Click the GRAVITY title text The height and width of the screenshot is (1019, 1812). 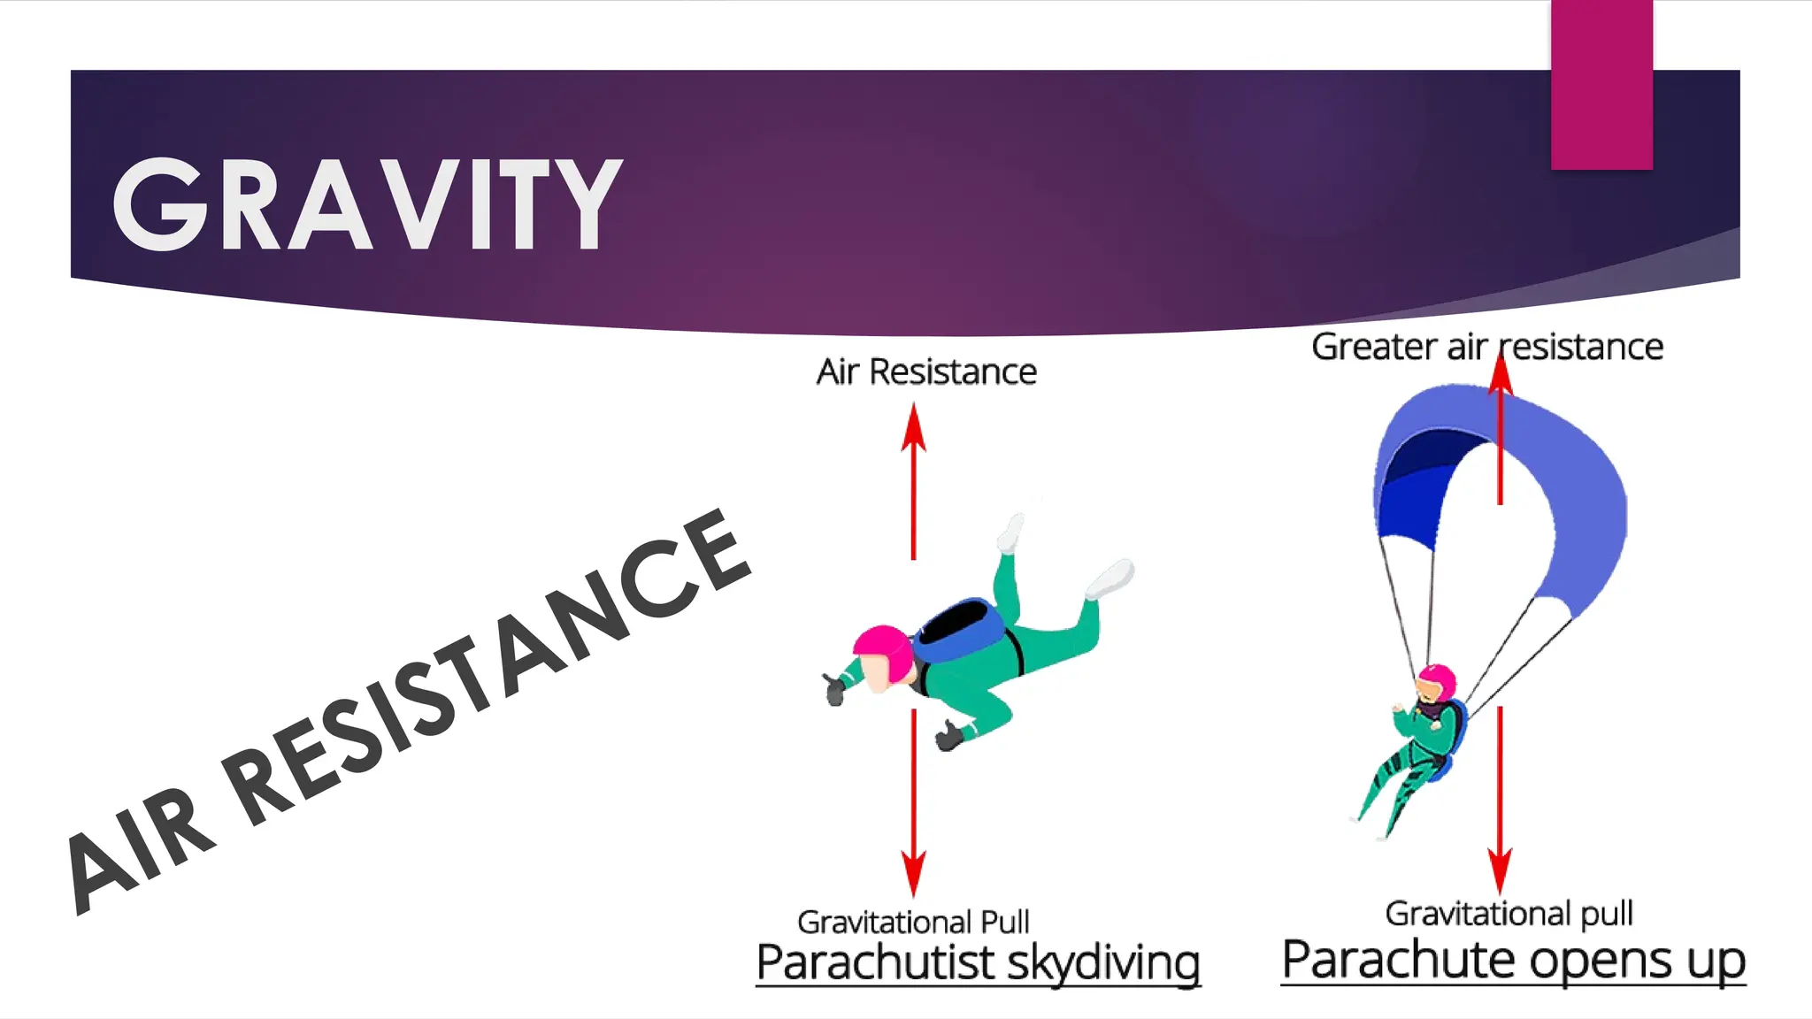(367, 204)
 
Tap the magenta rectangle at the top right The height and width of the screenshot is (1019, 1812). (1601, 84)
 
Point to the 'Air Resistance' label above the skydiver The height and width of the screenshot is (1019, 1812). (925, 372)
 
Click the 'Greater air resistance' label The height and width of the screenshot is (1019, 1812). (1486, 347)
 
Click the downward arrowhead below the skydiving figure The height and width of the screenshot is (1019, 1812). (914, 872)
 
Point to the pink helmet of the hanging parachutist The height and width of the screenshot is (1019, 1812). (1439, 680)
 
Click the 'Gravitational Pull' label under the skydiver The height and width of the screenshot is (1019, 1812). (913, 922)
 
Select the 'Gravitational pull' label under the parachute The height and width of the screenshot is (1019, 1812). (1509, 913)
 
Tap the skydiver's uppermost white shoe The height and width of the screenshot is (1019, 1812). (1011, 532)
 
